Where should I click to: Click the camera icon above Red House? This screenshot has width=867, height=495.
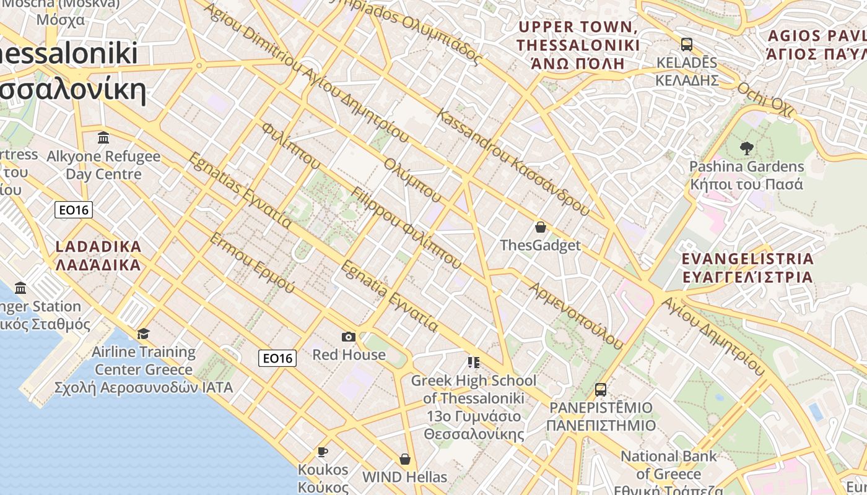pos(349,337)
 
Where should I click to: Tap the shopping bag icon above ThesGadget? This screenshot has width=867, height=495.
pos(541,227)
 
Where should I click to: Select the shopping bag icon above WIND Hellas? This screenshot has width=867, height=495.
pos(404,459)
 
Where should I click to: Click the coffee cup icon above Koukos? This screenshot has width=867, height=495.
pos(323,452)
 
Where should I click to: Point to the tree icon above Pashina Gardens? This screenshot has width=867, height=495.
pos(746,148)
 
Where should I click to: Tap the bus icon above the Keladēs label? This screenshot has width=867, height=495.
pos(686,45)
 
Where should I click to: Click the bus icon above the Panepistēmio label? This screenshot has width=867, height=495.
pos(600,390)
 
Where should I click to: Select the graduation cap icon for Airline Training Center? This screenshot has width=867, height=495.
pos(143,334)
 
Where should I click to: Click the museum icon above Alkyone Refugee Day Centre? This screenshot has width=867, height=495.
pos(103,137)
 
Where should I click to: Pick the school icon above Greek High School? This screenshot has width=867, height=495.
pos(474,362)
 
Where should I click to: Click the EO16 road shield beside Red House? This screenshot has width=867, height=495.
pos(277,358)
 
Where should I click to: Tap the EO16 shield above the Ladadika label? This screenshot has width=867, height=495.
pos(74,210)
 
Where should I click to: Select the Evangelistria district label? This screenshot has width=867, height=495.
pos(747,267)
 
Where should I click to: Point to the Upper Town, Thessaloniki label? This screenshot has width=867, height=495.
pos(578,46)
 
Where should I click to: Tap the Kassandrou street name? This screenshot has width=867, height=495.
pos(513,162)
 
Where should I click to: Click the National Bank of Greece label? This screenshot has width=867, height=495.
pos(669,465)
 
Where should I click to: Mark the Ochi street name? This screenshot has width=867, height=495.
pos(765,99)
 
